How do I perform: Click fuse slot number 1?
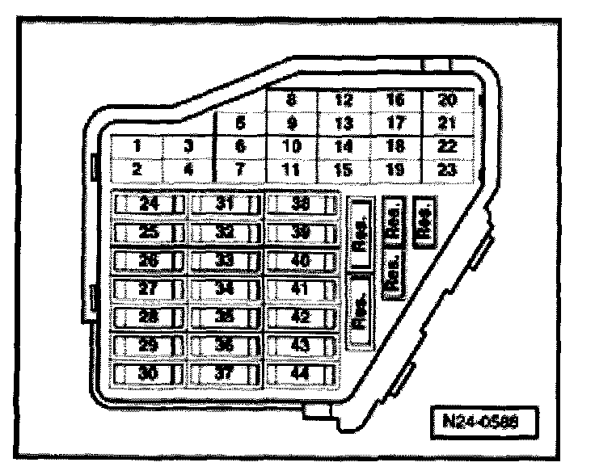[137, 147]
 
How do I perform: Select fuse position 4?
[189, 170]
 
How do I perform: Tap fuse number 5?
[240, 124]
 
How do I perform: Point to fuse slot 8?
[291, 101]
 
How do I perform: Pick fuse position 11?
[291, 170]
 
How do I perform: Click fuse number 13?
[343, 124]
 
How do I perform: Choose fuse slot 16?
[395, 101]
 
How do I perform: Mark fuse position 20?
[447, 101]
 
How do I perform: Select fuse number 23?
[447, 170]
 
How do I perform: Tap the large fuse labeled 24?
[148, 204]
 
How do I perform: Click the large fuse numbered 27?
[148, 289]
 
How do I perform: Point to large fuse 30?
[148, 374]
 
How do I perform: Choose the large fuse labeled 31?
[225, 204]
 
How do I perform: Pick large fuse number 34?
[225, 289]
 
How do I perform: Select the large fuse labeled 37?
[225, 374]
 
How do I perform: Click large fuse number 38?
[301, 204]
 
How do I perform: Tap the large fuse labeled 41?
[301, 289]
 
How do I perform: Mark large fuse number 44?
[301, 374]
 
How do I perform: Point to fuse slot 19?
[395, 170]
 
